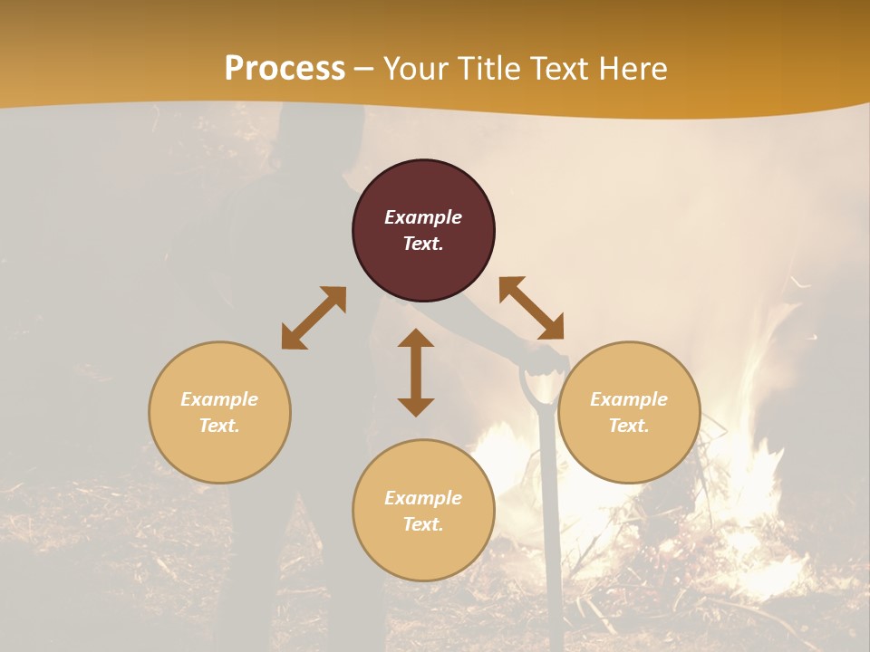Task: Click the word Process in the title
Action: tap(285, 69)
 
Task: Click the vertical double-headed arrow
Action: tap(416, 372)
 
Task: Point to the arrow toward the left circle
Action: tap(314, 318)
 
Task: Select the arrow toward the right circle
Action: tap(531, 308)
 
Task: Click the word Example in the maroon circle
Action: tap(423, 217)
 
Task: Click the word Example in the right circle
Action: tap(629, 399)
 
